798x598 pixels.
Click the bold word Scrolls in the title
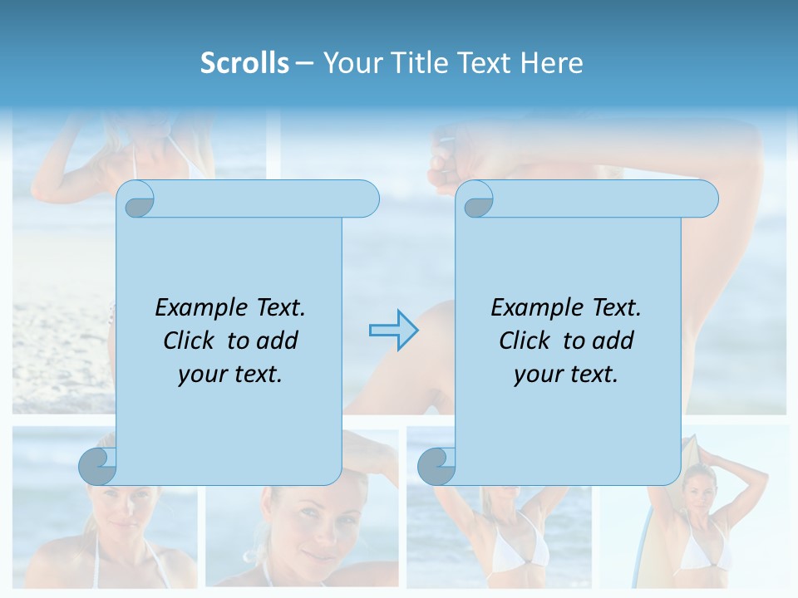point(244,63)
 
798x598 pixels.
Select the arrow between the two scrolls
point(393,331)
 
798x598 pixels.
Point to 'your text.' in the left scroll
point(230,375)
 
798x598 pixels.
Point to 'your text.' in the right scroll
point(566,375)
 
